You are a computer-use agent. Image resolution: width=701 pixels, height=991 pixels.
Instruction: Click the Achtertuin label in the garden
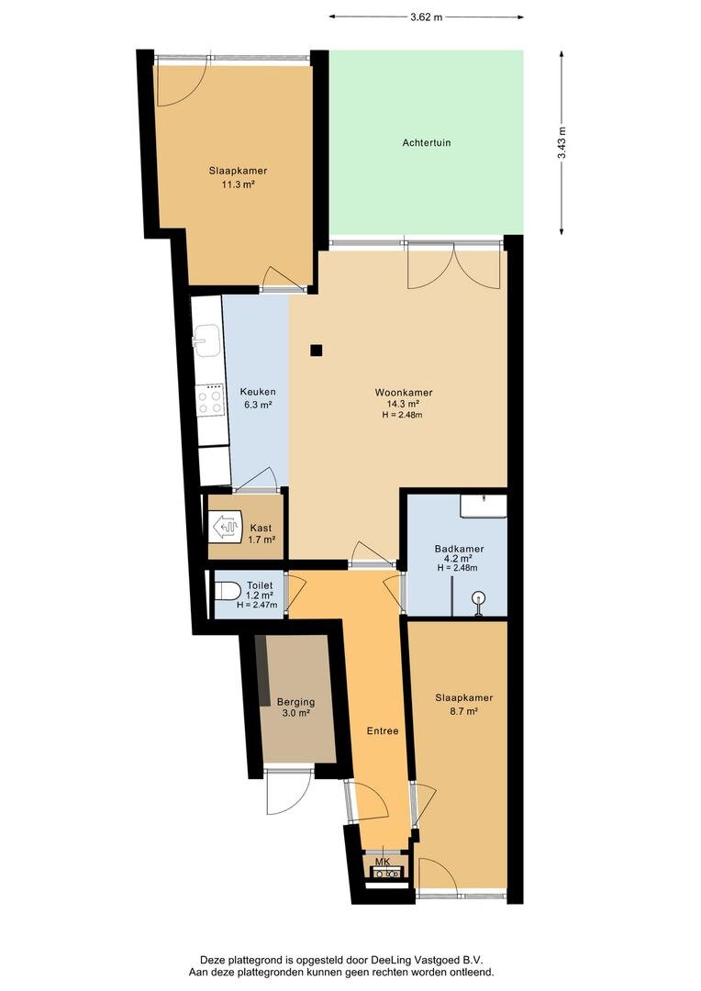[427, 143]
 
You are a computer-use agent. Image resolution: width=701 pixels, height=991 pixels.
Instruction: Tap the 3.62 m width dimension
[426, 17]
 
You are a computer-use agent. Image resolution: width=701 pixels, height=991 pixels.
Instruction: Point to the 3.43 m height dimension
[562, 143]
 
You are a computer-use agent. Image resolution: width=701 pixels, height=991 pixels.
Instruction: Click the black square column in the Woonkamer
[317, 351]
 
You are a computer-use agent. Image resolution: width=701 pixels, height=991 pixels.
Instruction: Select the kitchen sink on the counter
[206, 340]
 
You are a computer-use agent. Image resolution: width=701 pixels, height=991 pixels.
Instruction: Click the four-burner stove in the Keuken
[210, 400]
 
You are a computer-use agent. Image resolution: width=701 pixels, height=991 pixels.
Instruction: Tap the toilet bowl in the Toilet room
[228, 592]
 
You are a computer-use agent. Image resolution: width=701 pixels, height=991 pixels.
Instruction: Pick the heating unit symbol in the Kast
[226, 526]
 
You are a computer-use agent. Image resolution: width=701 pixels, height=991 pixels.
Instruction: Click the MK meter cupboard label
[383, 862]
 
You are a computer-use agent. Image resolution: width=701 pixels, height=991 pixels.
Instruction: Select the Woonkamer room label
[404, 393]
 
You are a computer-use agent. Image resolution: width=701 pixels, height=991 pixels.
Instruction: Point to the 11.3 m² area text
[238, 184]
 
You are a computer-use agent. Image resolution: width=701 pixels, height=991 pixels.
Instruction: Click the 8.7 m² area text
[464, 711]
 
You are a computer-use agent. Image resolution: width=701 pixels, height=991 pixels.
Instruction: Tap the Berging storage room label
[295, 702]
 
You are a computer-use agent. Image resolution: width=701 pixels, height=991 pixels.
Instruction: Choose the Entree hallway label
[383, 730]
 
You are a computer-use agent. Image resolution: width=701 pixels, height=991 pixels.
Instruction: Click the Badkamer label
[459, 549]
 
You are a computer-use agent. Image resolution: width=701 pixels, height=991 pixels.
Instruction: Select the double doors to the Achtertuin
[454, 265]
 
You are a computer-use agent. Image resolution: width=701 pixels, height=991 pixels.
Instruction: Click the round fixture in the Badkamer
[480, 597]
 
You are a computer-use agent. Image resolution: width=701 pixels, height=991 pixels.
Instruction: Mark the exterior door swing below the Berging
[288, 792]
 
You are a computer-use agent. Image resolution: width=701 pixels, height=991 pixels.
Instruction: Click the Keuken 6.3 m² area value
[258, 406]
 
